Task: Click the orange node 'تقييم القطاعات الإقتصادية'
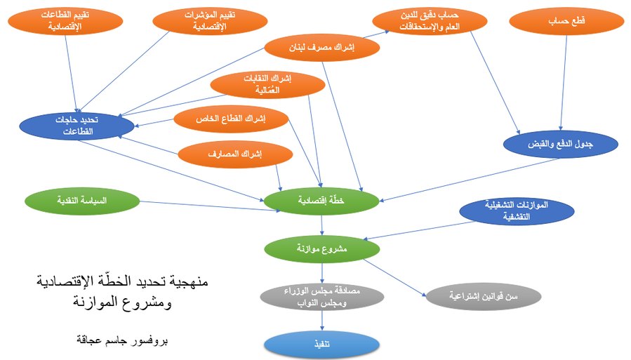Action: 65,21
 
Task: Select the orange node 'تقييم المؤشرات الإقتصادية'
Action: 210,21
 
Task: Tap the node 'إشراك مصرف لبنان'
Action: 322,48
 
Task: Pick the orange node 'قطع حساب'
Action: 566,21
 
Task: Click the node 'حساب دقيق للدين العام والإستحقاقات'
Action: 430,21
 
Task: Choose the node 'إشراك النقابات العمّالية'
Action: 267,84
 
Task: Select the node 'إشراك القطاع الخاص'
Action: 231,119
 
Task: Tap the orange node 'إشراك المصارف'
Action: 235,154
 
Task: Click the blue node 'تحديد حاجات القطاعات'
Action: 77,126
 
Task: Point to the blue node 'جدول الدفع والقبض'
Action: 561,145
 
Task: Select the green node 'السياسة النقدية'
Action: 82,201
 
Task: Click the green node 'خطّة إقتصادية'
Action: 321,201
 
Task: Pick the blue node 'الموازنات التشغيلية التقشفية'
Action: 517,211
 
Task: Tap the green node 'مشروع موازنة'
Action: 322,249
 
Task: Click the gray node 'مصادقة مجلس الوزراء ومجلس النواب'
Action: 322,297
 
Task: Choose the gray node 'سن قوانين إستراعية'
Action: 484,297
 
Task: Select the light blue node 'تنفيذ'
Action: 322,345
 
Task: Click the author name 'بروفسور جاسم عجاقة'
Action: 122,340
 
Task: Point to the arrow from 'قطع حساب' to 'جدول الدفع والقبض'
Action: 564,83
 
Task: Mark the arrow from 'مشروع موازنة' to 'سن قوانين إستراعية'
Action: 394,278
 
